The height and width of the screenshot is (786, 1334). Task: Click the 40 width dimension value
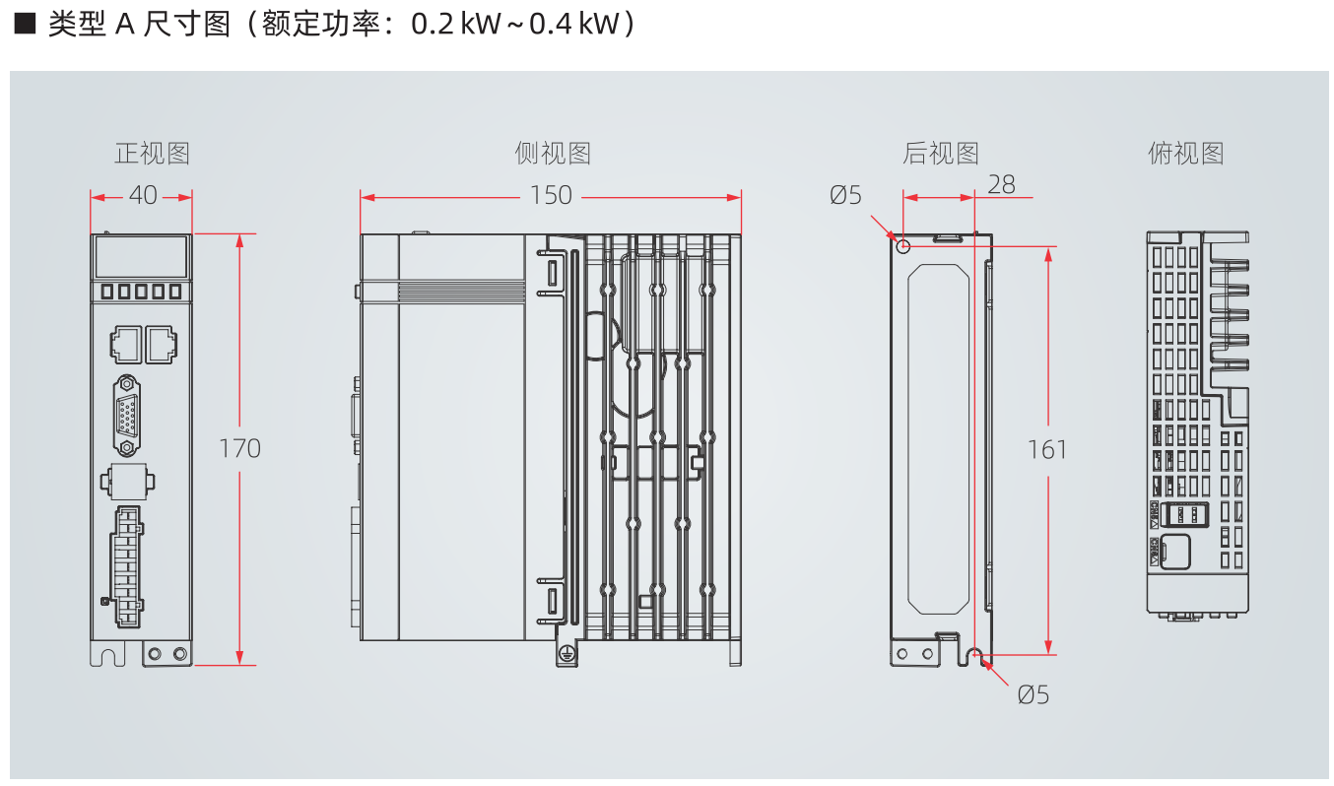click(x=143, y=196)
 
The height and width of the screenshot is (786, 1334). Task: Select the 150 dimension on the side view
click(x=551, y=196)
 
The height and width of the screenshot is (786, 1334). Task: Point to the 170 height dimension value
click(x=239, y=449)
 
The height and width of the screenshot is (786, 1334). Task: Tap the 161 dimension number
click(x=1047, y=450)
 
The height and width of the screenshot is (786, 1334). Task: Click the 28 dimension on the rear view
click(x=1001, y=185)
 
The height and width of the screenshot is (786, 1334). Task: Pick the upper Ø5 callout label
click(x=845, y=196)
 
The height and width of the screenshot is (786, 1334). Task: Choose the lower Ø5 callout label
click(x=1034, y=695)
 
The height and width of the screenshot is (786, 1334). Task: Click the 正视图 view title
click(x=152, y=154)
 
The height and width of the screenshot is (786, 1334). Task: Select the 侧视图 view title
click(x=553, y=154)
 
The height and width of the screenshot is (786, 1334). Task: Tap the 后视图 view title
click(x=941, y=154)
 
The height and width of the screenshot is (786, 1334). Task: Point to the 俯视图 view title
click(x=1186, y=154)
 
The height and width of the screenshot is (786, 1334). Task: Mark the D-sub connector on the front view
click(x=126, y=416)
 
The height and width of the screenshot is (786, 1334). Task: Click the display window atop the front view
click(x=141, y=256)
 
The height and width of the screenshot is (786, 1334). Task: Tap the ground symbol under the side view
click(x=567, y=653)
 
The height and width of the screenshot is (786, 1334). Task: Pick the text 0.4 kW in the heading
click(x=575, y=25)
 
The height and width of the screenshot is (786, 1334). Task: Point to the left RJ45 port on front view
click(x=123, y=344)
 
